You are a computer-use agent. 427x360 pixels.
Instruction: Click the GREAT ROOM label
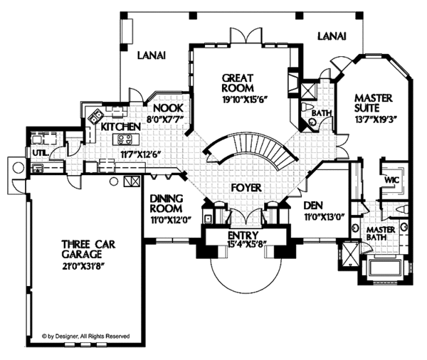(238, 83)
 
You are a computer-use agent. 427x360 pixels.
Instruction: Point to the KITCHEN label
(117, 126)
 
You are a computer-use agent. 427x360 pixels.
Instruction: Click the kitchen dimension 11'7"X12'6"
(139, 152)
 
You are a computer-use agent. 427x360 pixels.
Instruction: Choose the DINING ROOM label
(167, 203)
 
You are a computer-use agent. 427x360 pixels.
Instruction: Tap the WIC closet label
(391, 180)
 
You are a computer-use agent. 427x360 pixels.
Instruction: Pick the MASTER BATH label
(381, 236)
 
